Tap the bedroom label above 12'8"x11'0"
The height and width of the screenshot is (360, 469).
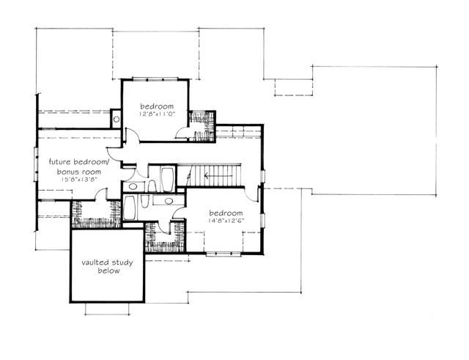tap(155, 106)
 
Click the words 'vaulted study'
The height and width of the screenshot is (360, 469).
tap(106, 262)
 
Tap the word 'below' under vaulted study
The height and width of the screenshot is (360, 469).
tap(108, 271)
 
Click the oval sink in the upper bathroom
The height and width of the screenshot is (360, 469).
tap(133, 187)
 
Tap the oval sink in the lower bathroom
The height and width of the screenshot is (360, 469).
tap(169, 200)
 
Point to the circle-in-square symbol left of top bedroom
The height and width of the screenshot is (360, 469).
tap(116, 118)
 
